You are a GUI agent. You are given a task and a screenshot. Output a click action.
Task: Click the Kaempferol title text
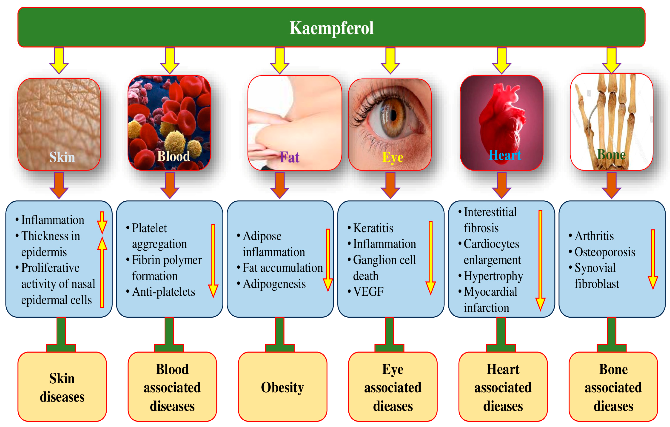pos(331,28)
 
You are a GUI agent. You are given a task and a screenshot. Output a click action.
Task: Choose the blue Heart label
pos(504,155)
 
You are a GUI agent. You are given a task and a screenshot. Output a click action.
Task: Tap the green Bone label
pos(611,155)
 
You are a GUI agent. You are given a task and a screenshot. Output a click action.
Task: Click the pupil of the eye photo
pos(393,115)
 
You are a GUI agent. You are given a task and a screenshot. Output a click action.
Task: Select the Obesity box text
pos(282,387)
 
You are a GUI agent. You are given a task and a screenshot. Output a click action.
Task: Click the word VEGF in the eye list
pos(368,292)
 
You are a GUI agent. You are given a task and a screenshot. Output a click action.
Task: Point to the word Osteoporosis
pos(605,252)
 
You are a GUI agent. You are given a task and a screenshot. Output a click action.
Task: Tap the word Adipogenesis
pos(274,284)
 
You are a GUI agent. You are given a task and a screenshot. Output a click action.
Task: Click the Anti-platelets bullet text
pos(164,292)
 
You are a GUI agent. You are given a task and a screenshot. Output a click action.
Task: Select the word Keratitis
pos(373,228)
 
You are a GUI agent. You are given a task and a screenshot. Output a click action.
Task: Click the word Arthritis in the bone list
pos(594,236)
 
